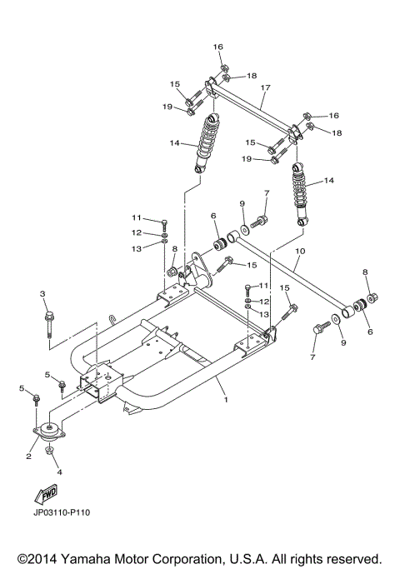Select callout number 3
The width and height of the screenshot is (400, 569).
pos(42,294)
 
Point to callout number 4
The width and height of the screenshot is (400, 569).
pos(59,472)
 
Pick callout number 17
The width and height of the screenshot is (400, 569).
pos(266,87)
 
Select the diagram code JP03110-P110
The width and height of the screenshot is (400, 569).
pos(62,512)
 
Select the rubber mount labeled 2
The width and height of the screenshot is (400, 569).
pos(51,435)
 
